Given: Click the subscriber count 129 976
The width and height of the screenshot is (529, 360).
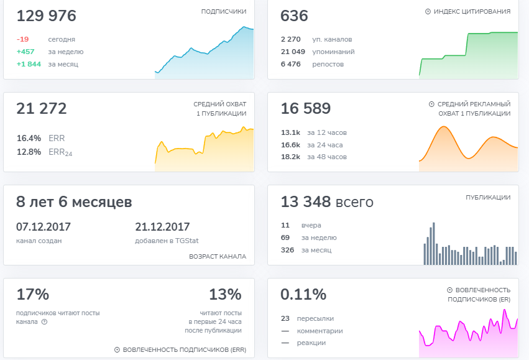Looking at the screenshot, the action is coord(46,16).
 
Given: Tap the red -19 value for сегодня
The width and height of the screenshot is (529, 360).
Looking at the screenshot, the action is coord(22,39).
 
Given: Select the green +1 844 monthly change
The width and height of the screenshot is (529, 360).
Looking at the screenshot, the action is coord(29,64).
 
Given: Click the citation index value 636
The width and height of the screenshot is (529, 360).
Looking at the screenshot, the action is coord(294,16).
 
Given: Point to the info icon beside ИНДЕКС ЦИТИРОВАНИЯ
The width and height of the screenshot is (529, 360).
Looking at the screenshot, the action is coord(428,11).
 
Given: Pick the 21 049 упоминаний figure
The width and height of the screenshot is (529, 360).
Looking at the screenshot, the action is coord(293,52).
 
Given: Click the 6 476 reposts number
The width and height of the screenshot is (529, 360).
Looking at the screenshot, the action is coord(290,64).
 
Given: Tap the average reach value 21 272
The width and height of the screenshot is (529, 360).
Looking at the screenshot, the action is coord(42,109).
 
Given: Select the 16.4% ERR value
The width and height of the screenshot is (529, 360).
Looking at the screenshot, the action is coord(29,138).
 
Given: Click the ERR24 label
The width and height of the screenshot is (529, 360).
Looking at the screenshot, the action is coord(60,152).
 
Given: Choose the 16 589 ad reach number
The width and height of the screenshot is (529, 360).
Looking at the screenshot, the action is coord(306,109).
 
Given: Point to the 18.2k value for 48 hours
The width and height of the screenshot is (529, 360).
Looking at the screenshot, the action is coord(290,157).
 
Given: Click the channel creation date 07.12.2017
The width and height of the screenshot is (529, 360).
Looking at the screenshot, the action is coord(44,227).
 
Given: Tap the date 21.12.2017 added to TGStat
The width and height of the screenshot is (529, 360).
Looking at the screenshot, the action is coord(162,227).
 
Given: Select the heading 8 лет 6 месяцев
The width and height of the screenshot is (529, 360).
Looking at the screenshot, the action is coord(74,202).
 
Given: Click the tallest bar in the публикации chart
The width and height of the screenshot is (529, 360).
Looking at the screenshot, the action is coord(433,244).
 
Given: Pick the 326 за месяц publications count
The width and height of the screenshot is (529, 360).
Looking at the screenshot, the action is coord(287,250).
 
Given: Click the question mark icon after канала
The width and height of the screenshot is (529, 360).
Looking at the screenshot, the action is coord(44,322).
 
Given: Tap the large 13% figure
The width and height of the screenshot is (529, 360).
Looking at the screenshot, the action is coord(226,294).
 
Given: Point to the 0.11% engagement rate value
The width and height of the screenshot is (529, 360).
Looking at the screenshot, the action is coord(303,294).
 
